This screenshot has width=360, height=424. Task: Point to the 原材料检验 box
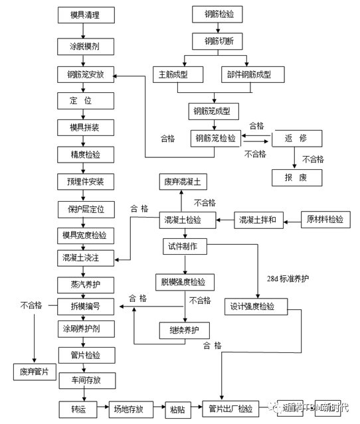[325, 219]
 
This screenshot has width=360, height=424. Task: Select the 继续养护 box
[185, 330]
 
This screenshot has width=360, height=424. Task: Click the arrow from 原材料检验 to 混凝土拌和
[292, 219]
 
